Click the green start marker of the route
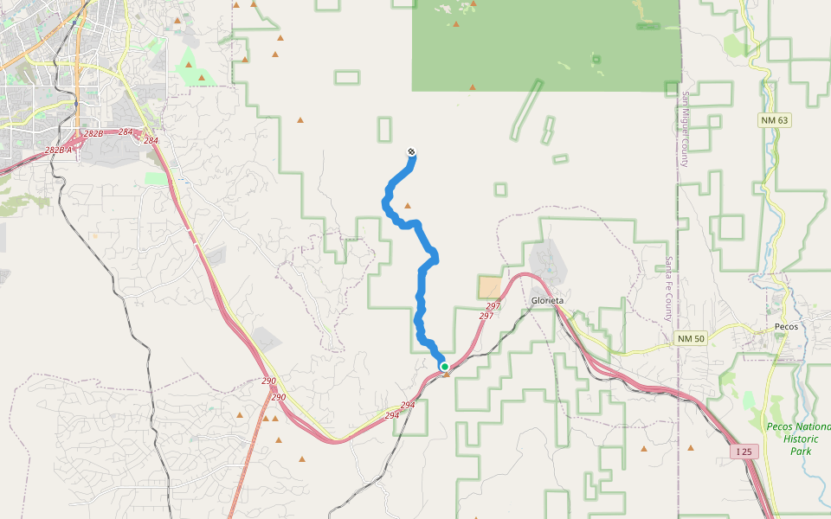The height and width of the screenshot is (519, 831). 445,367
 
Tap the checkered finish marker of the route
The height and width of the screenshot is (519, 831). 411,152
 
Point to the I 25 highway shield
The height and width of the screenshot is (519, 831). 744,452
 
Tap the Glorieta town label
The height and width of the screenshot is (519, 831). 547,300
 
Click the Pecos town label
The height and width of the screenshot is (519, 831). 787,326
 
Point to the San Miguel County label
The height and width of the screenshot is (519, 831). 684,130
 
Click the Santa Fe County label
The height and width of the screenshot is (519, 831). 668,289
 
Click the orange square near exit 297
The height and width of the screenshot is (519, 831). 490,288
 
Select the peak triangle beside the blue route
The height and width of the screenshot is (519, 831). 408,206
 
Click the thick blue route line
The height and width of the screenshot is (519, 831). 422,285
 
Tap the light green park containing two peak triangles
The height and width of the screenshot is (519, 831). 194,69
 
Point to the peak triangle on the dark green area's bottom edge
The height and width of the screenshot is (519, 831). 472,87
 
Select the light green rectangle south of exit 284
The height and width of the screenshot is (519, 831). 156,178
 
